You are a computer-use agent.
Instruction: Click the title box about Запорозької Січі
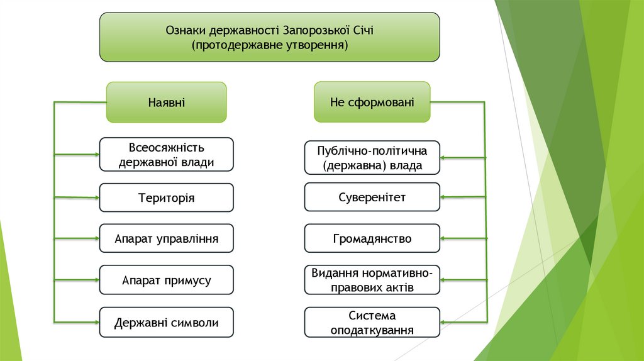coord(269,37)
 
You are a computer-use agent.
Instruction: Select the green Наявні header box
coord(166,102)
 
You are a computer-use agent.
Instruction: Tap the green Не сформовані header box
coord(372,102)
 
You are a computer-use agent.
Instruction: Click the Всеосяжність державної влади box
coord(167,155)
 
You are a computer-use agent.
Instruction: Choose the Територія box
coord(167,197)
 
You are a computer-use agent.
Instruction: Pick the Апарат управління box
coord(167,239)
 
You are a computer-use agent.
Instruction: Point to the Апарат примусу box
coord(167,280)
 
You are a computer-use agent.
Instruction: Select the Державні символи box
coord(167,323)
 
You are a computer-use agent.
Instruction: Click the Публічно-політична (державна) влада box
coord(372,158)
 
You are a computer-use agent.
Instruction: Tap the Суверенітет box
coord(372,197)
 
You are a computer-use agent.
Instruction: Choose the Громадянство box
coord(372,239)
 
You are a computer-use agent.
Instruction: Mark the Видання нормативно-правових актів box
coord(372,280)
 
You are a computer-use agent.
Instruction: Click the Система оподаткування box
coord(372,323)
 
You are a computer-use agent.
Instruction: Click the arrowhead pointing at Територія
coord(96,197)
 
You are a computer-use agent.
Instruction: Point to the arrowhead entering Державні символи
coord(96,321)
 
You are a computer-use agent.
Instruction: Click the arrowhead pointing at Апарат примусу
coord(96,280)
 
